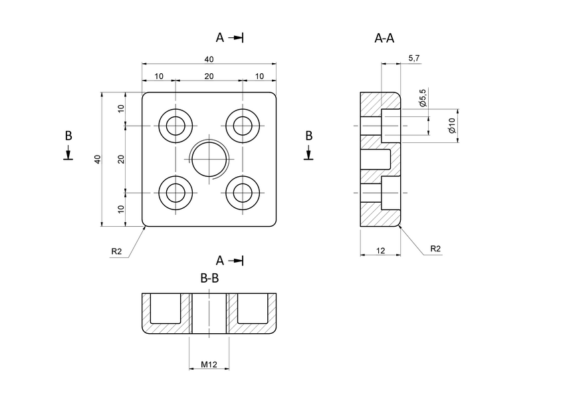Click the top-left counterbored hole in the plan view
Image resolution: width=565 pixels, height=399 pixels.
pos(176,126)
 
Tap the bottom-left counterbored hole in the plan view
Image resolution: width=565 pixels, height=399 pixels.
pos(176,193)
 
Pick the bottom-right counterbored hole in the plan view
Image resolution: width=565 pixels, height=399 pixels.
pos(243,193)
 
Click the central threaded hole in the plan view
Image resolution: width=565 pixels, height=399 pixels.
pos(209,160)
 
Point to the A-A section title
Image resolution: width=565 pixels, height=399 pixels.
pos(384,39)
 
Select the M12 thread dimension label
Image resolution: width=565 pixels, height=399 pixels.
pos(209,364)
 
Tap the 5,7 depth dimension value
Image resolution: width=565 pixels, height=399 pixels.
pos(413,59)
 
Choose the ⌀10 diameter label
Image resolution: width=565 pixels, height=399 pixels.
pos(451,125)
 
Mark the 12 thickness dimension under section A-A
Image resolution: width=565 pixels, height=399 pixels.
pos(381,250)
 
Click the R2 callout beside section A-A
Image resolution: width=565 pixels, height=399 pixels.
pos(435,249)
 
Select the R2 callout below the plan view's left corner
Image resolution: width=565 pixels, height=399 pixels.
pos(117,251)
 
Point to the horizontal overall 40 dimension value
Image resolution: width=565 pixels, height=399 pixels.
pos(209,59)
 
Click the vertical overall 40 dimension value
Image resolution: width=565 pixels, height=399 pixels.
pos(98,160)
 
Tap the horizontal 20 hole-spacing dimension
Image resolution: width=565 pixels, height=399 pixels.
pos(209,76)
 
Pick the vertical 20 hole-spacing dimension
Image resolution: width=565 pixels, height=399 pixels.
pos(121,160)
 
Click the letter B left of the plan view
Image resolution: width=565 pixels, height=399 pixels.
pos(68,135)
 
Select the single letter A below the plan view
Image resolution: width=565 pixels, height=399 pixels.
pos(219,261)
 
